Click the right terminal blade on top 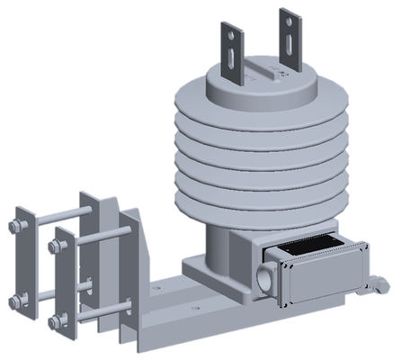coord(290,40)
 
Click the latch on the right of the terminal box coord(381,285)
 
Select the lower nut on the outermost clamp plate coord(17,301)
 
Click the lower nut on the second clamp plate coord(55,321)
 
